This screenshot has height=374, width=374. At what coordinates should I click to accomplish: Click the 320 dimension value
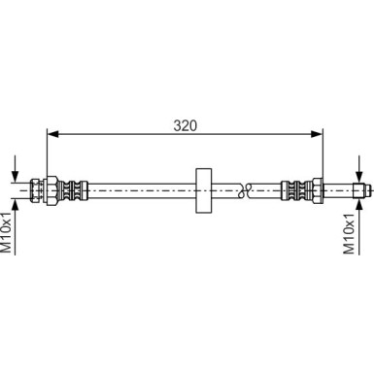pos(185,126)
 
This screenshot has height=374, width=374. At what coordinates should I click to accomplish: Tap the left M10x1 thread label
pos(7,232)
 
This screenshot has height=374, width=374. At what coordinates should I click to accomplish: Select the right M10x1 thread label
pos(349,233)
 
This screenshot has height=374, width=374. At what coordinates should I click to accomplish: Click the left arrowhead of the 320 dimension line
pos(52,134)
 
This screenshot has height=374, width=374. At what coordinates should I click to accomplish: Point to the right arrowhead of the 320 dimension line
pos(317,134)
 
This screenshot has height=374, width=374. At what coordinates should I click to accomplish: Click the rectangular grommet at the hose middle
pos(204,190)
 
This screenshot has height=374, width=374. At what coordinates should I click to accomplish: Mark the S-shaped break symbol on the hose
pos(245,190)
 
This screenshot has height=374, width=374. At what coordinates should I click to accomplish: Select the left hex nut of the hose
pos(52,190)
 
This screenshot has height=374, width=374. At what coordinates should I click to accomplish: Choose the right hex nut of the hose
pos(318,190)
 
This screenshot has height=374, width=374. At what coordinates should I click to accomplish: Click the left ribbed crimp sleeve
pos(73,190)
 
